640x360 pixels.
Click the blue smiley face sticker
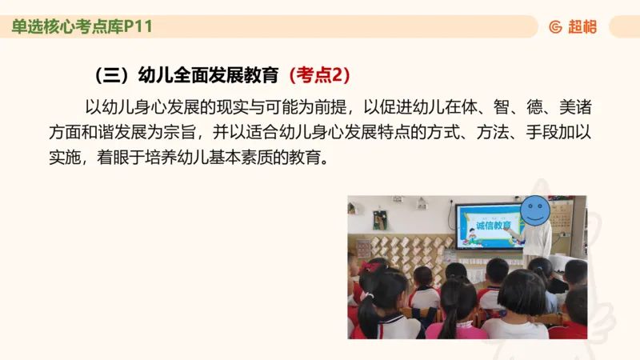pyautogui.click(x=534, y=211)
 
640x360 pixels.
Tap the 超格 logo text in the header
pyautogui.click(x=582, y=27)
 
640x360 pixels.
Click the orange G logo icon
pyautogui.click(x=555, y=27)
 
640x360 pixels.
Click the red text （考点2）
pyautogui.click(x=318, y=75)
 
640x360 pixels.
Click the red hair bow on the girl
pyautogui.click(x=370, y=266)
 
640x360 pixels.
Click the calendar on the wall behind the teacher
pyautogui.click(x=562, y=217)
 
